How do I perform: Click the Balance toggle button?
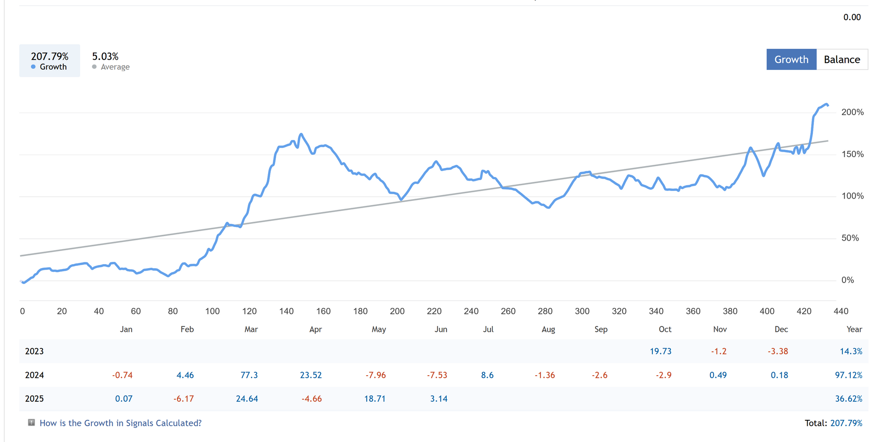click(x=841, y=60)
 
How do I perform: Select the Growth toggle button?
click(x=791, y=60)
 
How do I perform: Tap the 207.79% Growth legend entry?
click(x=50, y=61)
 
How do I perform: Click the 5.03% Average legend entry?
click(x=111, y=61)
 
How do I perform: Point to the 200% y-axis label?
click(x=852, y=112)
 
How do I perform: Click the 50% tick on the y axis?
click(x=850, y=238)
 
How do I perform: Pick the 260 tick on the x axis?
click(x=508, y=311)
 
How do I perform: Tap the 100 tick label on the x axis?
click(x=212, y=311)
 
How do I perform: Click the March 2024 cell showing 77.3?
click(x=249, y=375)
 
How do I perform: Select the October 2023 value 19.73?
click(x=661, y=351)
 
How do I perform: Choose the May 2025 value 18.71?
click(x=375, y=399)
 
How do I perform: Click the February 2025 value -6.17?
click(x=184, y=399)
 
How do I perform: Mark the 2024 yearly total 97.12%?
click(x=848, y=375)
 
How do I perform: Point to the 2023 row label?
click(x=34, y=351)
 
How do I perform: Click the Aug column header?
click(x=548, y=329)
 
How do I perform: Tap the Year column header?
click(x=854, y=329)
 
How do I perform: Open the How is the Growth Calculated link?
click(x=120, y=423)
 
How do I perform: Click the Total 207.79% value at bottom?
click(x=846, y=423)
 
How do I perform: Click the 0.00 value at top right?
click(x=852, y=17)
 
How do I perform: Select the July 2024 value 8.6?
click(x=487, y=375)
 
